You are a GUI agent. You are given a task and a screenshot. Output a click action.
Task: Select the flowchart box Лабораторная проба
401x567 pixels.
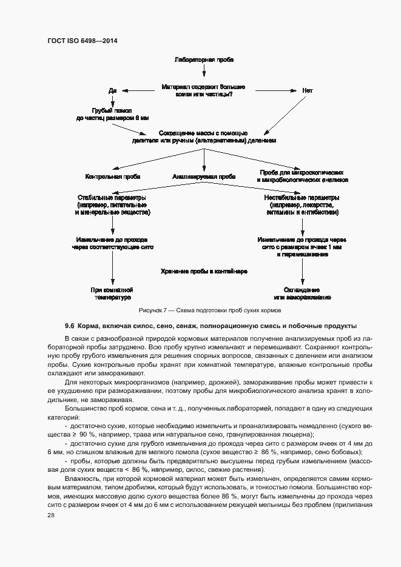point(203,59)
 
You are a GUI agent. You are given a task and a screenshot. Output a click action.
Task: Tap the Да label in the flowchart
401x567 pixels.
point(112,90)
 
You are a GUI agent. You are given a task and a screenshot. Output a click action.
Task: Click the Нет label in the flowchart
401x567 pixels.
point(308,90)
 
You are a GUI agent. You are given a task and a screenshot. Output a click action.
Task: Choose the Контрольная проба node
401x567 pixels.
point(113,177)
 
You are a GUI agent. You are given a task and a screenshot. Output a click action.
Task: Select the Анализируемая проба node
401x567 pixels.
point(203,177)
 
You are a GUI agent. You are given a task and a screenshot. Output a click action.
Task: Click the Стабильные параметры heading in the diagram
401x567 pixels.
point(113,198)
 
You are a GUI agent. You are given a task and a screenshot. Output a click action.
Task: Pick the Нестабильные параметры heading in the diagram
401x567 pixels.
point(302,198)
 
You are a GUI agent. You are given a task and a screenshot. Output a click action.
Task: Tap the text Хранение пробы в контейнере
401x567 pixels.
point(204,272)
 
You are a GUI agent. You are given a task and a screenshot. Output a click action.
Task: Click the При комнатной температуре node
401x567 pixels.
point(112,294)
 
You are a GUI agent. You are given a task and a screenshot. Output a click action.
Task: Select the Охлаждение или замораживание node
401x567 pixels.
point(302,294)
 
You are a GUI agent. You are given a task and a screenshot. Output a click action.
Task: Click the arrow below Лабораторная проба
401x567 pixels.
point(203,72)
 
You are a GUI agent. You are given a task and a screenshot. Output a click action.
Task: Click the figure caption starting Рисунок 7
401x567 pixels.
point(203,310)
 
